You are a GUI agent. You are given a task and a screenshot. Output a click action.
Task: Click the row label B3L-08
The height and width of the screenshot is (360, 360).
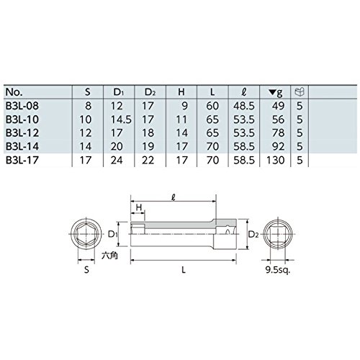[22, 106]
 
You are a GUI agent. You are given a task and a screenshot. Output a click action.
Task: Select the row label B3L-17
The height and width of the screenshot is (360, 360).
[22, 160]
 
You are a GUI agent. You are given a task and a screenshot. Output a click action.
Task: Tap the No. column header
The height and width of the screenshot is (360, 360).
[14, 92]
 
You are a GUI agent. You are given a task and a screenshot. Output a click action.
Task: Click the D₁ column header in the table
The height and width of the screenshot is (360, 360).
[117, 92]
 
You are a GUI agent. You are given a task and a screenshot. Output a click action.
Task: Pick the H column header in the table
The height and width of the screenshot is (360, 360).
[181, 92]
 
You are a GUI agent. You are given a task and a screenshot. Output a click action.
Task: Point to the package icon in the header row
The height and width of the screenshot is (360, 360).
[300, 91]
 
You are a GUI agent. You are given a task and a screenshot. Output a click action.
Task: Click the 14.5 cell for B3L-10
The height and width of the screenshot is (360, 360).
[121, 120]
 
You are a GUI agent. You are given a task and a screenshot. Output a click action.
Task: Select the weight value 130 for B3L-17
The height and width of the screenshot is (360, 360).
[275, 160]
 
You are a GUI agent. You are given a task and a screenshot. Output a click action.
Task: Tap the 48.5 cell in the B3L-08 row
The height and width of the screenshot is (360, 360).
[244, 106]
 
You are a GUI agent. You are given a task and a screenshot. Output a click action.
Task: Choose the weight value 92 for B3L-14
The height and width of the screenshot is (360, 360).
[279, 146]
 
